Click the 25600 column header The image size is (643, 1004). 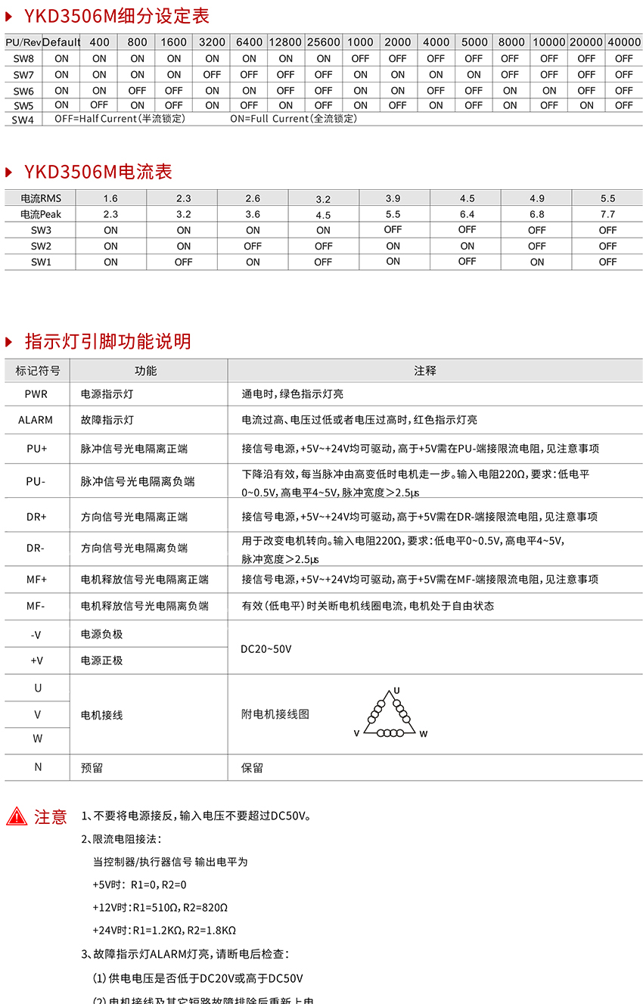[x=323, y=42]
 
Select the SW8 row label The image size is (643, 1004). [x=23, y=58]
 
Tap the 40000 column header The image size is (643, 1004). [x=624, y=42]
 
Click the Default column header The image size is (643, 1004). [x=61, y=42]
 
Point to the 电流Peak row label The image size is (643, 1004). [x=40, y=214]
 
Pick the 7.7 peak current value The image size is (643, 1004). [x=607, y=214]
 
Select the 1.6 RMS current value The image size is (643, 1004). [x=110, y=198]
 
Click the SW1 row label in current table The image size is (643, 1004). [x=41, y=262]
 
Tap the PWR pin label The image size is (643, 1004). [x=36, y=394]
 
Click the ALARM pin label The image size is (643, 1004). [x=36, y=420]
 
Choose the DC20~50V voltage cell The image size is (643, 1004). [x=266, y=649]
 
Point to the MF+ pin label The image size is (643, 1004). [x=36, y=579]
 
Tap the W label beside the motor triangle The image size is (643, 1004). [x=424, y=734]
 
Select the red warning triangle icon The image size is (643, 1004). [x=17, y=816]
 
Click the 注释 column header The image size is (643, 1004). [x=425, y=371]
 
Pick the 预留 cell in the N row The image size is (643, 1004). [x=92, y=768]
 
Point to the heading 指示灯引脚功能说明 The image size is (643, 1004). [x=107, y=341]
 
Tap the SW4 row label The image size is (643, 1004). [x=23, y=120]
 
